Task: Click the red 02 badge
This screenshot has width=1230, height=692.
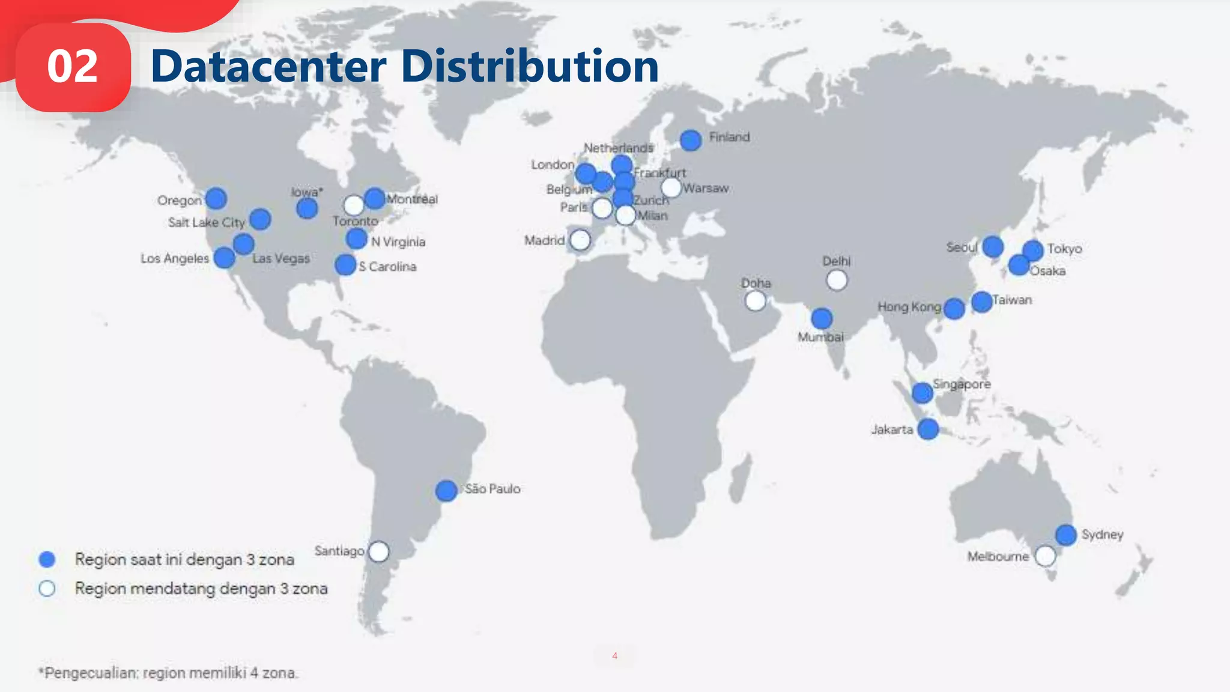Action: tap(73, 67)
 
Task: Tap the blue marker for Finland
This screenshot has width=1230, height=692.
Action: tap(691, 141)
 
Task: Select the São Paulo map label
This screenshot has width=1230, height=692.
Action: tap(492, 489)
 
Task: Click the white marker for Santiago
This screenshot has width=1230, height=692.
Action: tap(378, 551)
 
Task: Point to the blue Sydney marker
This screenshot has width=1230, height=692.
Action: tap(1065, 535)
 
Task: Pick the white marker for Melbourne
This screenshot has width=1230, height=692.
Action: tap(1045, 556)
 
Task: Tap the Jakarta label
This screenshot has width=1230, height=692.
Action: tap(892, 429)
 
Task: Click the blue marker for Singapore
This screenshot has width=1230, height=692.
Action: tap(922, 393)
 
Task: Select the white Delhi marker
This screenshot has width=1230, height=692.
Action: tap(837, 280)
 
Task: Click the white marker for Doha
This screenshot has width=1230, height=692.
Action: tap(755, 300)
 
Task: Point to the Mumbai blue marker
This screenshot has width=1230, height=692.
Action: tap(822, 318)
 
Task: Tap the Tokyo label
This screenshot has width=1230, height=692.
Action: tap(1064, 249)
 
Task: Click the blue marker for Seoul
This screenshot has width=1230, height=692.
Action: tap(993, 246)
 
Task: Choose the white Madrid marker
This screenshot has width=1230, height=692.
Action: tap(580, 240)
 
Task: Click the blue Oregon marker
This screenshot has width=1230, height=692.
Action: tap(216, 198)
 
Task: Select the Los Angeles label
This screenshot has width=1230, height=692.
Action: tap(175, 258)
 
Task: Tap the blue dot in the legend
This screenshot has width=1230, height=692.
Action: tap(47, 559)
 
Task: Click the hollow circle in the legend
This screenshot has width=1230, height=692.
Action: tap(47, 589)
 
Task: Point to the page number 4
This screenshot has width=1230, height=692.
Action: tap(614, 655)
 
